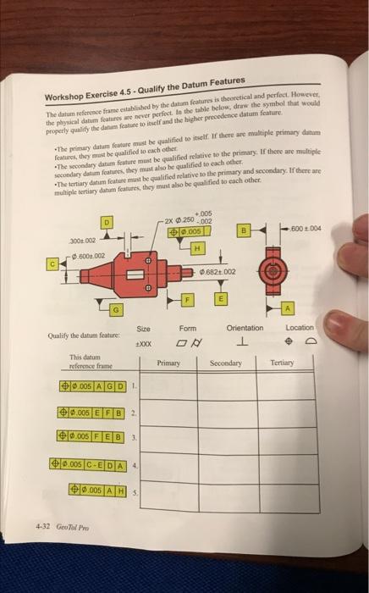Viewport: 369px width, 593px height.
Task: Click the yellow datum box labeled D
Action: click(107, 222)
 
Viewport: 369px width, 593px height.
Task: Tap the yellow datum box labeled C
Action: click(51, 263)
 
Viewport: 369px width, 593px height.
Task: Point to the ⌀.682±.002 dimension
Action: click(218, 270)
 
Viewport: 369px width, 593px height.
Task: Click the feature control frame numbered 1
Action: click(88, 385)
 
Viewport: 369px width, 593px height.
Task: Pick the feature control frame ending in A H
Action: click(102, 491)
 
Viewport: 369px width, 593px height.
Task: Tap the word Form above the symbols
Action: click(188, 329)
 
